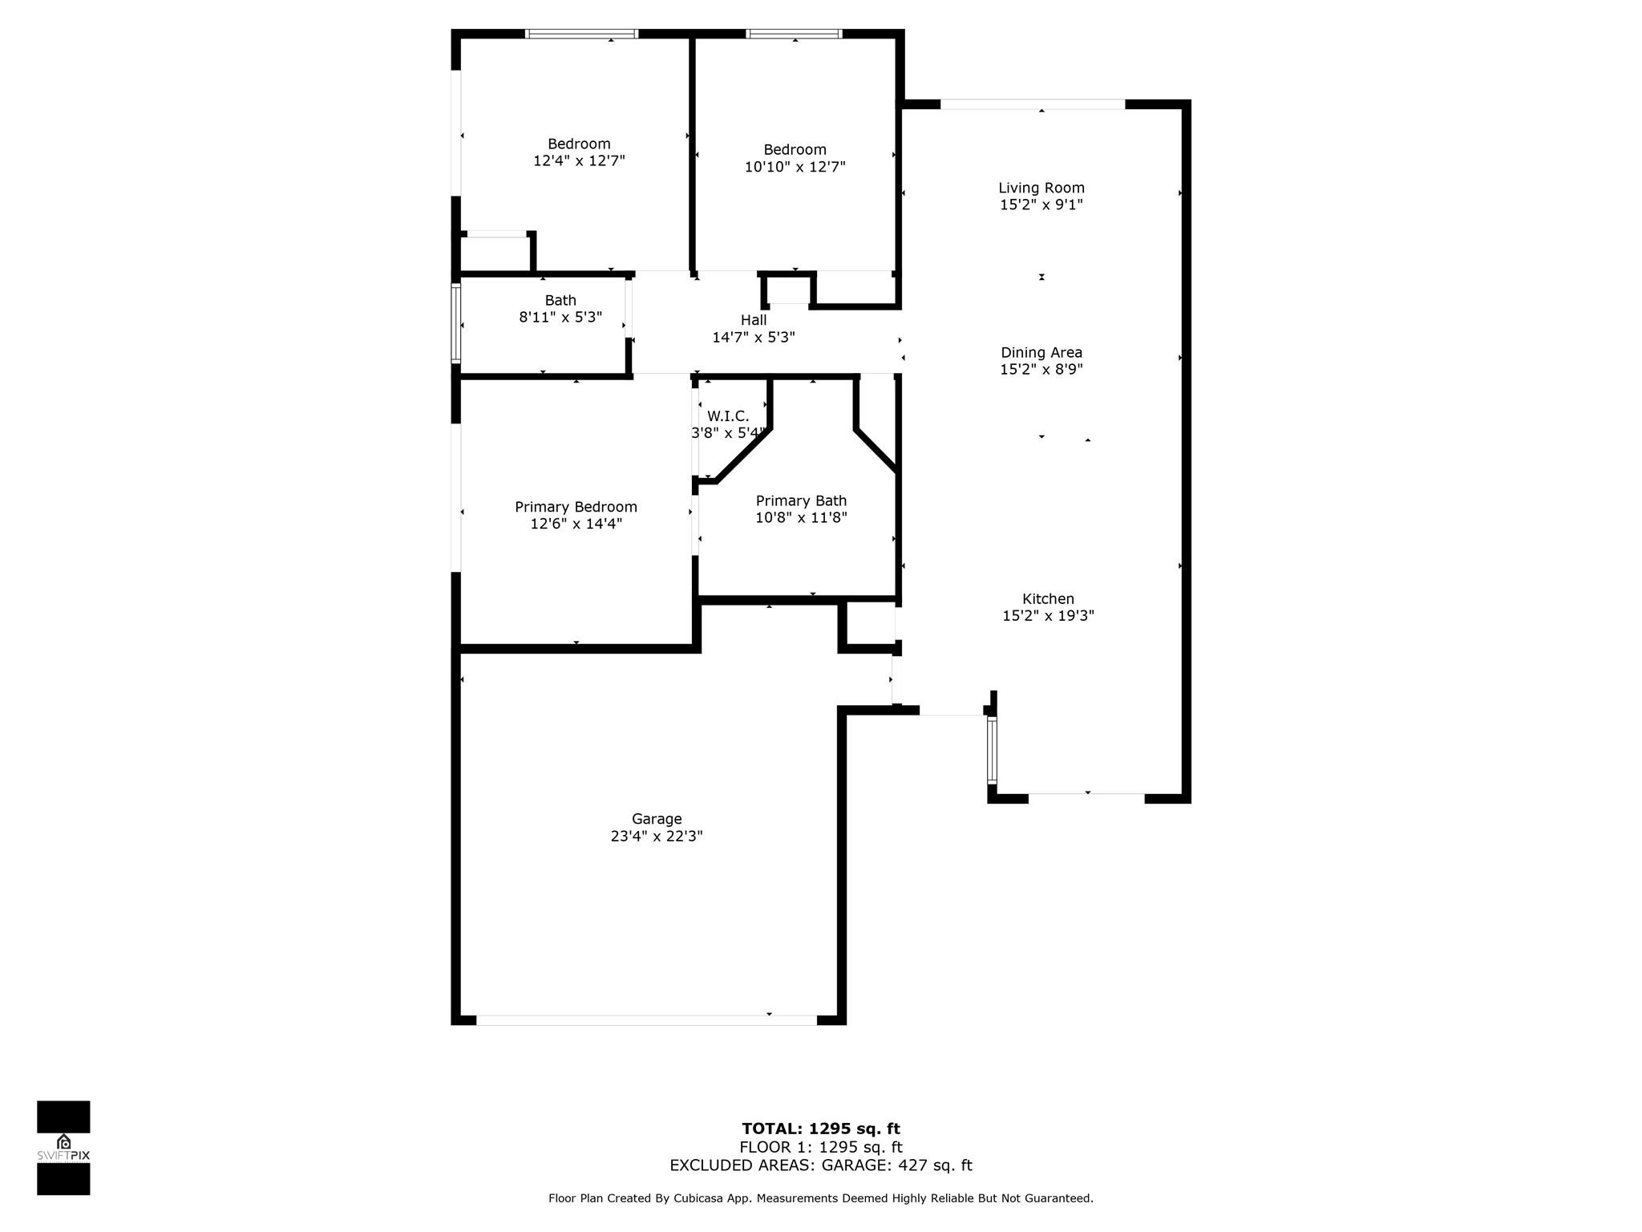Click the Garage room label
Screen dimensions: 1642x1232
coord(657,819)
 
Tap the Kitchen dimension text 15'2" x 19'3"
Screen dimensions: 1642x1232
coord(1048,616)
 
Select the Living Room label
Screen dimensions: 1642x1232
coord(1041,188)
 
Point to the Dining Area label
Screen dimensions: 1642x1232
coord(1041,352)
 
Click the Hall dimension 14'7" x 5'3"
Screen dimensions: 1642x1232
coord(754,338)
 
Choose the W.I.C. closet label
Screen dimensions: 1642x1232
coord(728,416)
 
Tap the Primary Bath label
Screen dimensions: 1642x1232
coord(801,501)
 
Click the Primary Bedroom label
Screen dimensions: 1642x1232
coord(576,507)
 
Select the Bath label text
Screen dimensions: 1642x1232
coord(560,300)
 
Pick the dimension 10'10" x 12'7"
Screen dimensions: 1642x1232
coord(795,167)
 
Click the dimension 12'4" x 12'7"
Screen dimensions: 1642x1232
coord(579,160)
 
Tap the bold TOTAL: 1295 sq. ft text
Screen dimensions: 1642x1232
coord(821,1129)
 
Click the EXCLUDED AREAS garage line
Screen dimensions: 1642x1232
coord(821,1165)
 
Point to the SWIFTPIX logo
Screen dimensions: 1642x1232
coord(63,1148)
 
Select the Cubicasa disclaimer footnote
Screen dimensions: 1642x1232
coord(821,1198)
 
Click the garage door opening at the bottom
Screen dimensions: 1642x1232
coord(646,1020)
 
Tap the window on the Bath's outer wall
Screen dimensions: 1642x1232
coord(456,323)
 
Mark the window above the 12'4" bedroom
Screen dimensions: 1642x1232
coord(581,34)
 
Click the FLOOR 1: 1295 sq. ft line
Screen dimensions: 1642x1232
coord(821,1148)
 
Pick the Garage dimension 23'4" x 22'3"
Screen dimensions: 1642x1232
coord(657,836)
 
